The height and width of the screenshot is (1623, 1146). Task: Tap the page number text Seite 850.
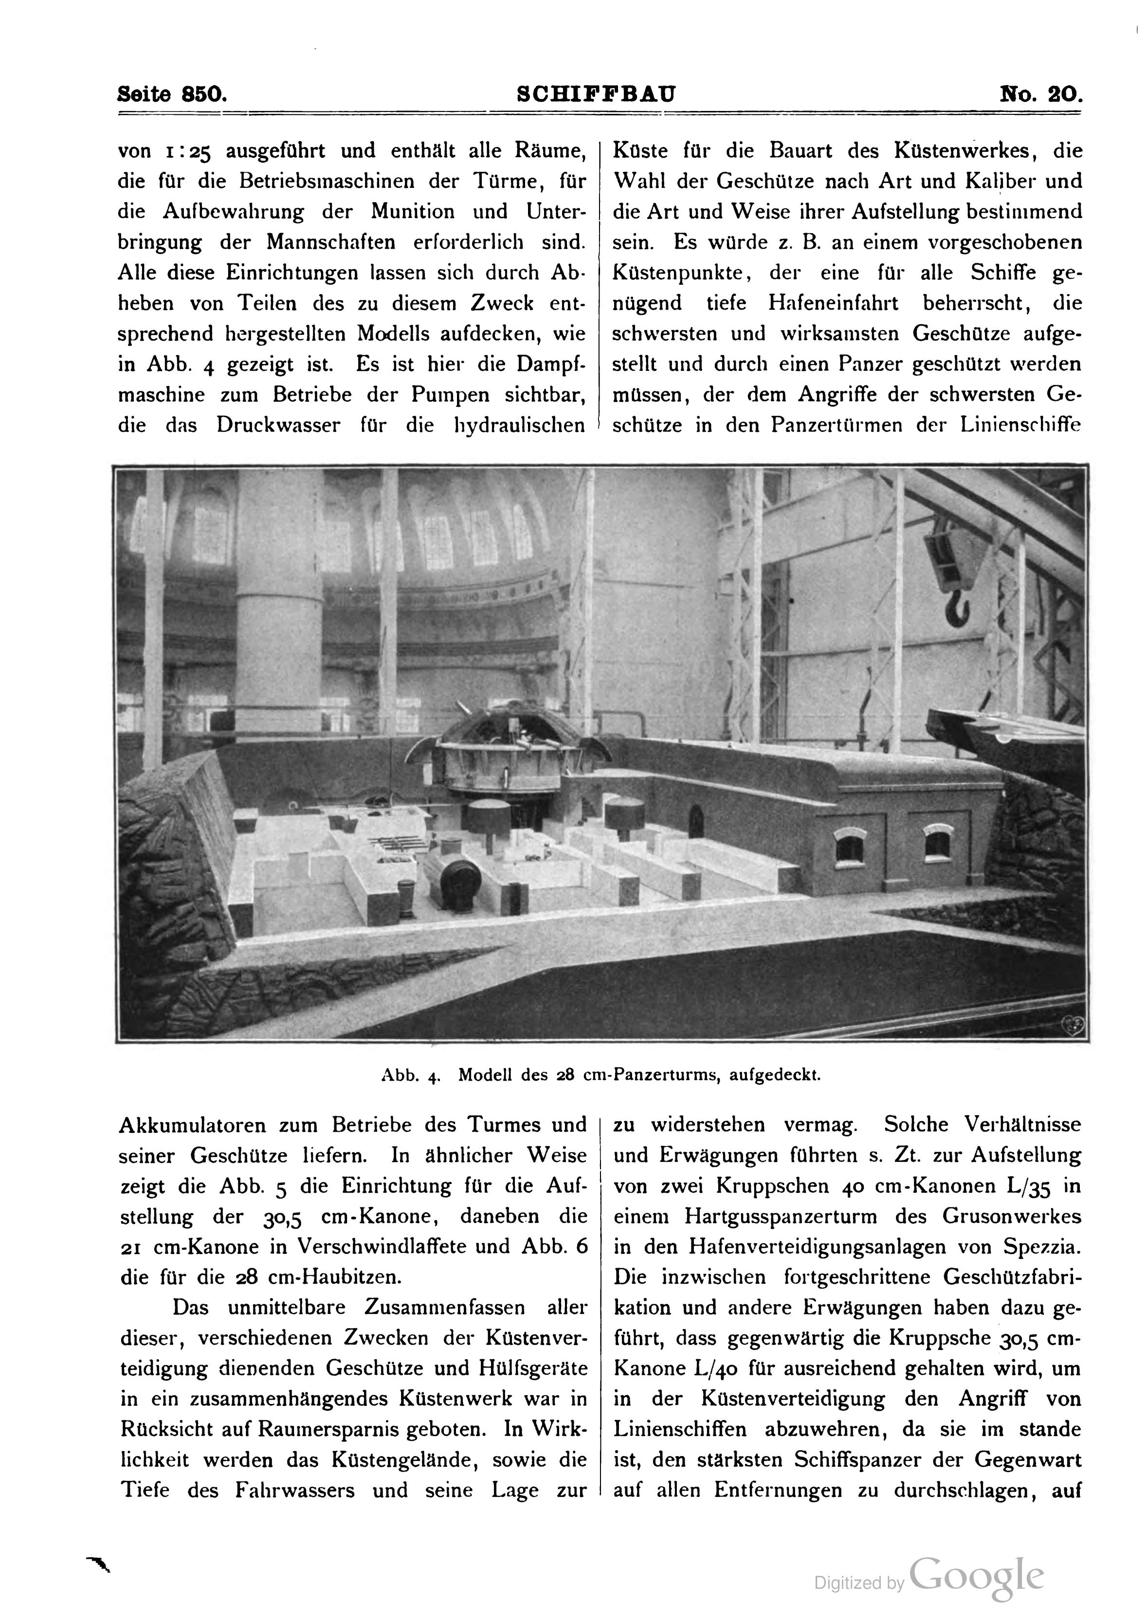coord(172,94)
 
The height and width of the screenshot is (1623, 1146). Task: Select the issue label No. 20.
coord(1040,94)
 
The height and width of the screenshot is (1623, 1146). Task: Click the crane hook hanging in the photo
coord(956,608)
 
